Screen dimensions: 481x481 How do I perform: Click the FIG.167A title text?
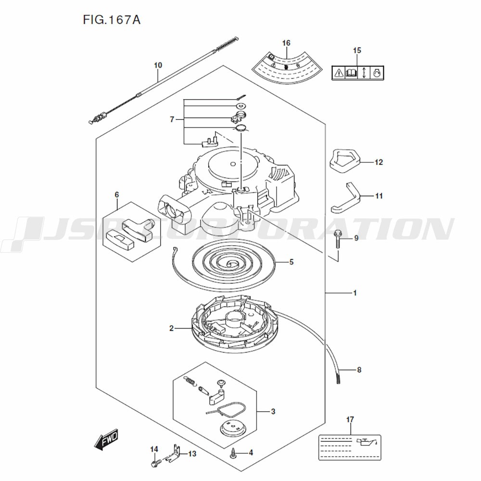tap(112, 20)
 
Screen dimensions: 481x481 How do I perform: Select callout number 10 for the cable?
tap(158, 65)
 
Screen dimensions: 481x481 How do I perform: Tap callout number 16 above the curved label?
tap(286, 43)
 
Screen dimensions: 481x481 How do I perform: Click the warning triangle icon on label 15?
tap(339, 73)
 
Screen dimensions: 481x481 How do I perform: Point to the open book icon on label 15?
tap(351, 73)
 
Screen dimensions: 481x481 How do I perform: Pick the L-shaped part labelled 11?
tap(345, 198)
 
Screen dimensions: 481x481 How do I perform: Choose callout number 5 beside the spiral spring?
tap(291, 262)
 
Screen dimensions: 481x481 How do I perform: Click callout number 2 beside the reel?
tap(172, 328)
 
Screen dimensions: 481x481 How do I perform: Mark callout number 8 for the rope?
tap(359, 369)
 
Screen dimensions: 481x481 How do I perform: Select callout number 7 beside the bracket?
tap(172, 119)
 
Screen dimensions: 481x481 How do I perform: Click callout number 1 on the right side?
tap(355, 293)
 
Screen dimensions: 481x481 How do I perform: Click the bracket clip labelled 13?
tap(172, 454)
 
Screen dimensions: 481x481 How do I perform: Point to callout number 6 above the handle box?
tap(116, 194)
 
